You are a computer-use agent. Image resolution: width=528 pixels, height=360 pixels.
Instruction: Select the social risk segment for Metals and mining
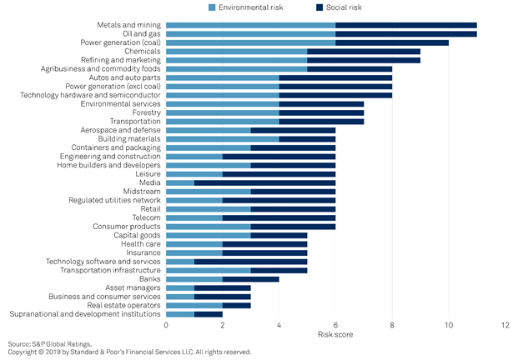pyautogui.click(x=406, y=25)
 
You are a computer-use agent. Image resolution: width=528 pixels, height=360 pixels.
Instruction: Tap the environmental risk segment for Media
pyautogui.click(x=181, y=182)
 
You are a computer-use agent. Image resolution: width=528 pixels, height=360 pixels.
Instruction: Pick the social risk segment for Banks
pyautogui.click(x=251, y=278)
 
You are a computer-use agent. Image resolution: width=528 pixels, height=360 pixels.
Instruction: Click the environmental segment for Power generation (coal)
pyautogui.click(x=251, y=42)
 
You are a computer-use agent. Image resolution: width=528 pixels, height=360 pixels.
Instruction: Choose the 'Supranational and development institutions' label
pyautogui.click(x=85, y=313)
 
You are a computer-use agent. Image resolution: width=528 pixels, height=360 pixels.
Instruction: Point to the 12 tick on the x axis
pyautogui.click(x=505, y=324)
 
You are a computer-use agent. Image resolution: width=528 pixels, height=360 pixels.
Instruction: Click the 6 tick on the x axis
pyautogui.click(x=336, y=324)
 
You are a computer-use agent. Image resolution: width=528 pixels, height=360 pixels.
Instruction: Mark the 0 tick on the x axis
pyautogui.click(x=167, y=324)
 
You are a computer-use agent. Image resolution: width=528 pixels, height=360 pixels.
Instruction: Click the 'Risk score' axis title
pyautogui.click(x=335, y=334)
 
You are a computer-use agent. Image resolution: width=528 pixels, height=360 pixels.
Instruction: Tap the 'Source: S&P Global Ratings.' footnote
pyautogui.click(x=49, y=343)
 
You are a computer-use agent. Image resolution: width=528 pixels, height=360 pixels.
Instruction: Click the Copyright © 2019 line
pyautogui.click(x=129, y=352)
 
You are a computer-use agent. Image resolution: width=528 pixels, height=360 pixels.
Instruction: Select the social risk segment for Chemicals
pyautogui.click(x=364, y=52)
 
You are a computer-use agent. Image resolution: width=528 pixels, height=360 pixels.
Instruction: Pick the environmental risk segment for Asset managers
pyautogui.click(x=181, y=287)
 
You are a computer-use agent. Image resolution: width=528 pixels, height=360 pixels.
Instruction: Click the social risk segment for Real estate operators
pyautogui.click(x=237, y=305)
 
